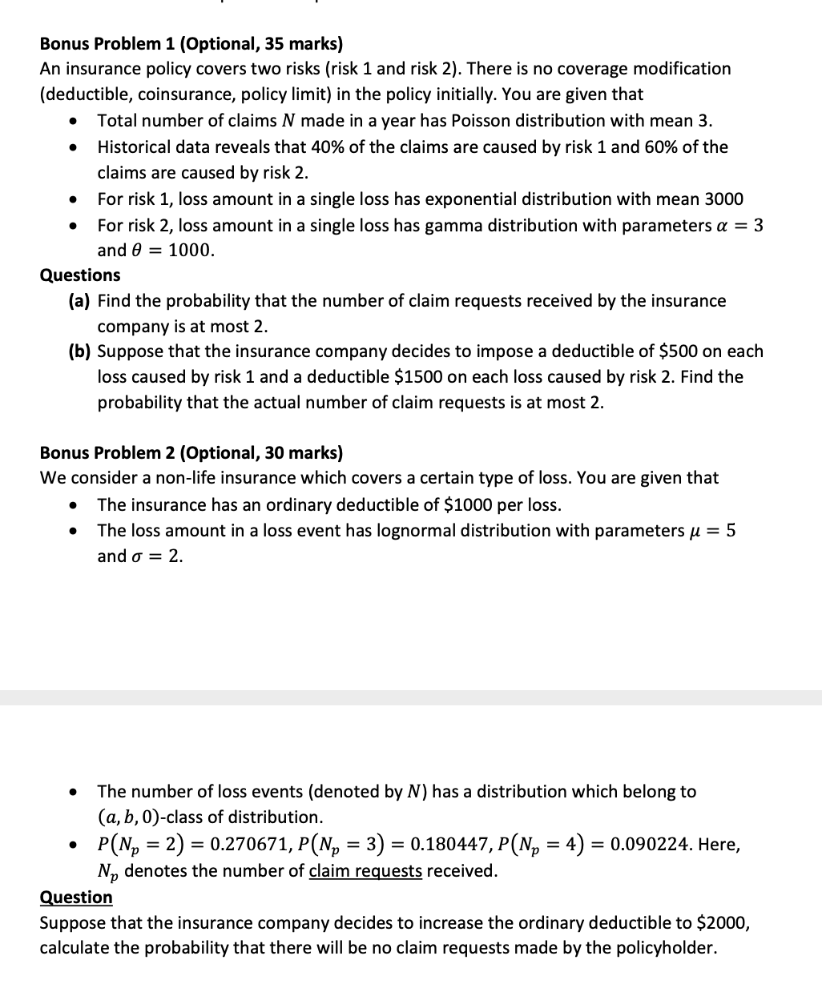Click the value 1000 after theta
click(191, 251)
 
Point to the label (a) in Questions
click(80, 301)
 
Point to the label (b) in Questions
click(80, 351)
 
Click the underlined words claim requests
click(365, 871)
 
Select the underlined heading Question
click(76, 897)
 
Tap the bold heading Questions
click(80, 275)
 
